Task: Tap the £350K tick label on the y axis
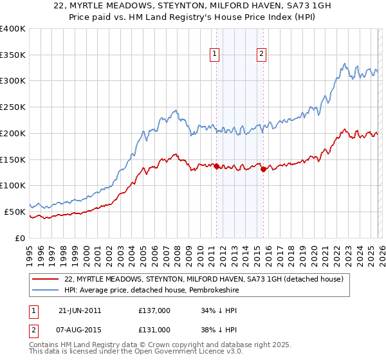13,55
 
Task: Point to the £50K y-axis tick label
15,212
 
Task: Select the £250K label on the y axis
13,107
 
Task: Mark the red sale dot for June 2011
216,166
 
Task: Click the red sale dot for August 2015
264,170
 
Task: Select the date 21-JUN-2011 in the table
79,310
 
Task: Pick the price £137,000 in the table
154,310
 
